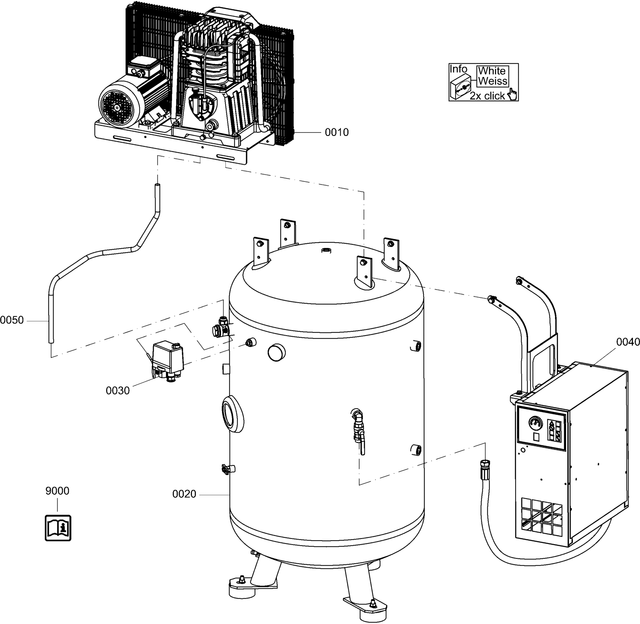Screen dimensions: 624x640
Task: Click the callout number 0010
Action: [x=337, y=132]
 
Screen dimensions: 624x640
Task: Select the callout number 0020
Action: [x=184, y=494]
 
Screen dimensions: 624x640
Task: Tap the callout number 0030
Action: [x=118, y=390]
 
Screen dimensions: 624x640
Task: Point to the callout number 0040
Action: [x=628, y=342]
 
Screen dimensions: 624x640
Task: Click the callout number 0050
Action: [x=12, y=320]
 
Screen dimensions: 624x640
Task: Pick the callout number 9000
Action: [x=57, y=491]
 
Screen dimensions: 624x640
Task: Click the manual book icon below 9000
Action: [x=58, y=528]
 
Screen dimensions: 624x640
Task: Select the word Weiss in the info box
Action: [x=492, y=81]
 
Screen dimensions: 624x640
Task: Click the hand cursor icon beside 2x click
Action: [x=512, y=94]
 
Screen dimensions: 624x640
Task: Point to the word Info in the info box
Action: [x=458, y=69]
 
